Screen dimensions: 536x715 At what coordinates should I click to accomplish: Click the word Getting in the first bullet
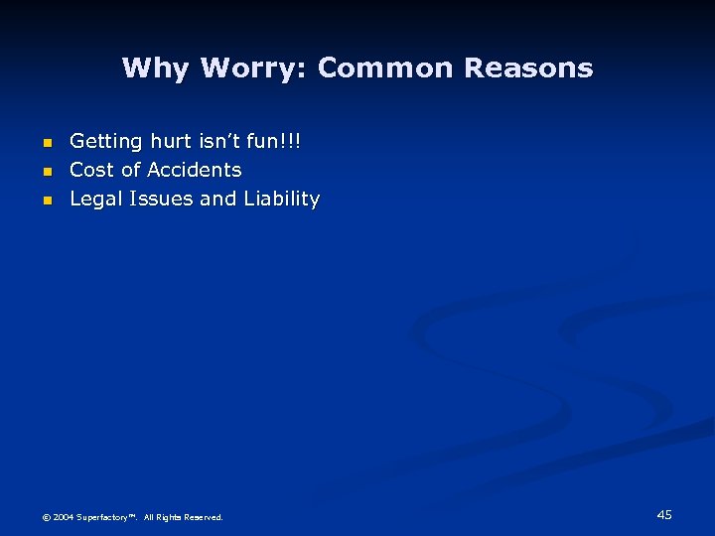pyautogui.click(x=106, y=143)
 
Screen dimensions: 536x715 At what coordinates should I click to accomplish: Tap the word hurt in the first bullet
pyautogui.click(x=172, y=142)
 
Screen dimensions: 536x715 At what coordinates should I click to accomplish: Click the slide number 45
pyautogui.click(x=664, y=514)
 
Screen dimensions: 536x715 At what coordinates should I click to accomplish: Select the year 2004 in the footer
pyautogui.click(x=63, y=517)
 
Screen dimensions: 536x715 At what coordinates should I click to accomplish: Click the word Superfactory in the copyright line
pyautogui.click(x=103, y=517)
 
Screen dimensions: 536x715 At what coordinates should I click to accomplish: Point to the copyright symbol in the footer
pyautogui.click(x=45, y=517)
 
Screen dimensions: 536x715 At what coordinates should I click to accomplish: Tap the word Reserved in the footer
pyautogui.click(x=205, y=517)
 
